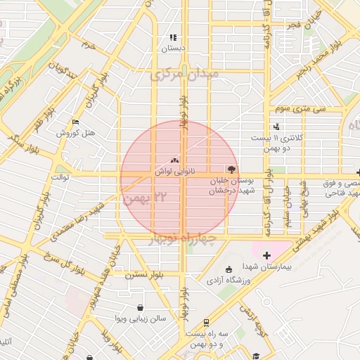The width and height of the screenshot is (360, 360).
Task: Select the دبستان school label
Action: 172,49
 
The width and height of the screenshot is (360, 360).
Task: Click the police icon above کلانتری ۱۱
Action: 276,127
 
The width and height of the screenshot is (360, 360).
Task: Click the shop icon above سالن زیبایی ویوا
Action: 141,307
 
